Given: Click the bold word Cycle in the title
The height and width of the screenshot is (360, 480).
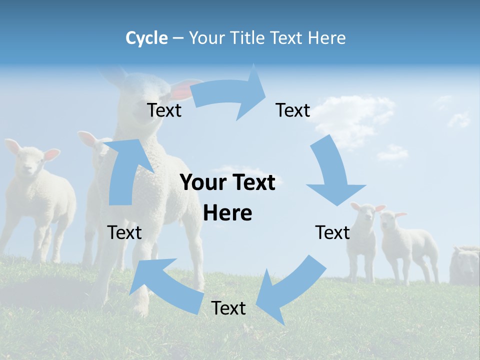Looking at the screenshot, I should pyautogui.click(x=146, y=38).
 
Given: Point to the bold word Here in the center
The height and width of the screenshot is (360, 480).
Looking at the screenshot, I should pyautogui.click(x=227, y=213).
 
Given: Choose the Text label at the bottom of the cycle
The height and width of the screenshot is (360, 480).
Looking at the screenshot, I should pyautogui.click(x=228, y=308).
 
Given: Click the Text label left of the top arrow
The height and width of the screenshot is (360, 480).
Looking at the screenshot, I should pyautogui.click(x=164, y=110).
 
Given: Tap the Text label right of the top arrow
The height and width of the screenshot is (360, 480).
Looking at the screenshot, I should pyautogui.click(x=293, y=110).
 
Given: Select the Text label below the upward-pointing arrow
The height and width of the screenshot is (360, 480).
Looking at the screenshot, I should pyautogui.click(x=124, y=232).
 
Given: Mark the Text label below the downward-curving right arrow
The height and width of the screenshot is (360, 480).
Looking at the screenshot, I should pyautogui.click(x=332, y=232).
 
